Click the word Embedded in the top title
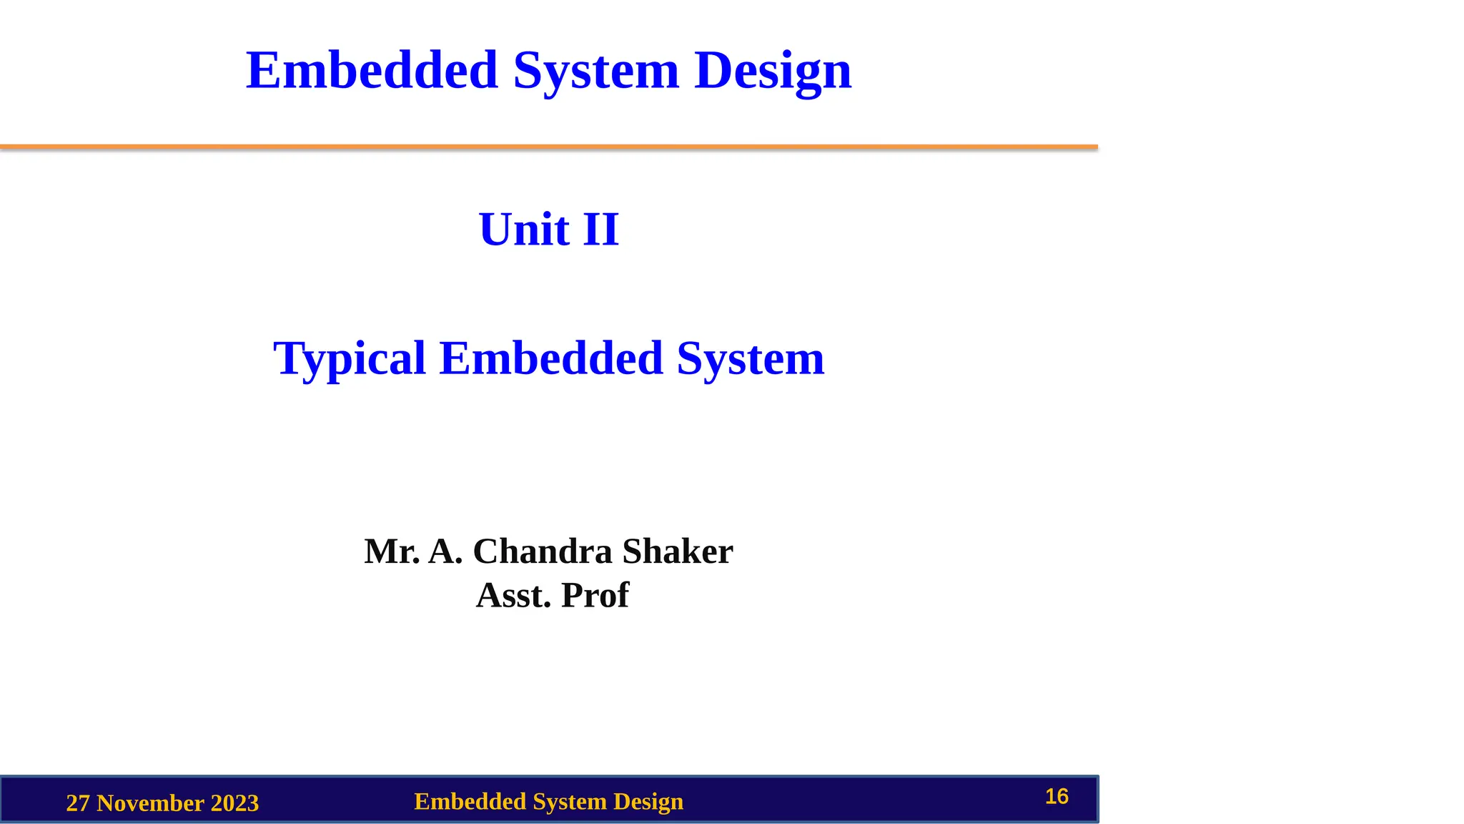[372, 71]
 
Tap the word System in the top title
[596, 71]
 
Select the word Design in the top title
[773, 71]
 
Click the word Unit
[524, 230]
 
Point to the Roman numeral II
[600, 230]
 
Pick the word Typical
[350, 358]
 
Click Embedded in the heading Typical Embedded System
[551, 358]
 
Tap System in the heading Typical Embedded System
[751, 358]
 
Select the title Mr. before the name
[392, 551]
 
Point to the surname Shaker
[678, 551]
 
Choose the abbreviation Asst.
[513, 595]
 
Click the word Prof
[595, 595]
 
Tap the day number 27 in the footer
[78, 803]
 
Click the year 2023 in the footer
[234, 803]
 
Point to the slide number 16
[1057, 796]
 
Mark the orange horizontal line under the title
[549, 147]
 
